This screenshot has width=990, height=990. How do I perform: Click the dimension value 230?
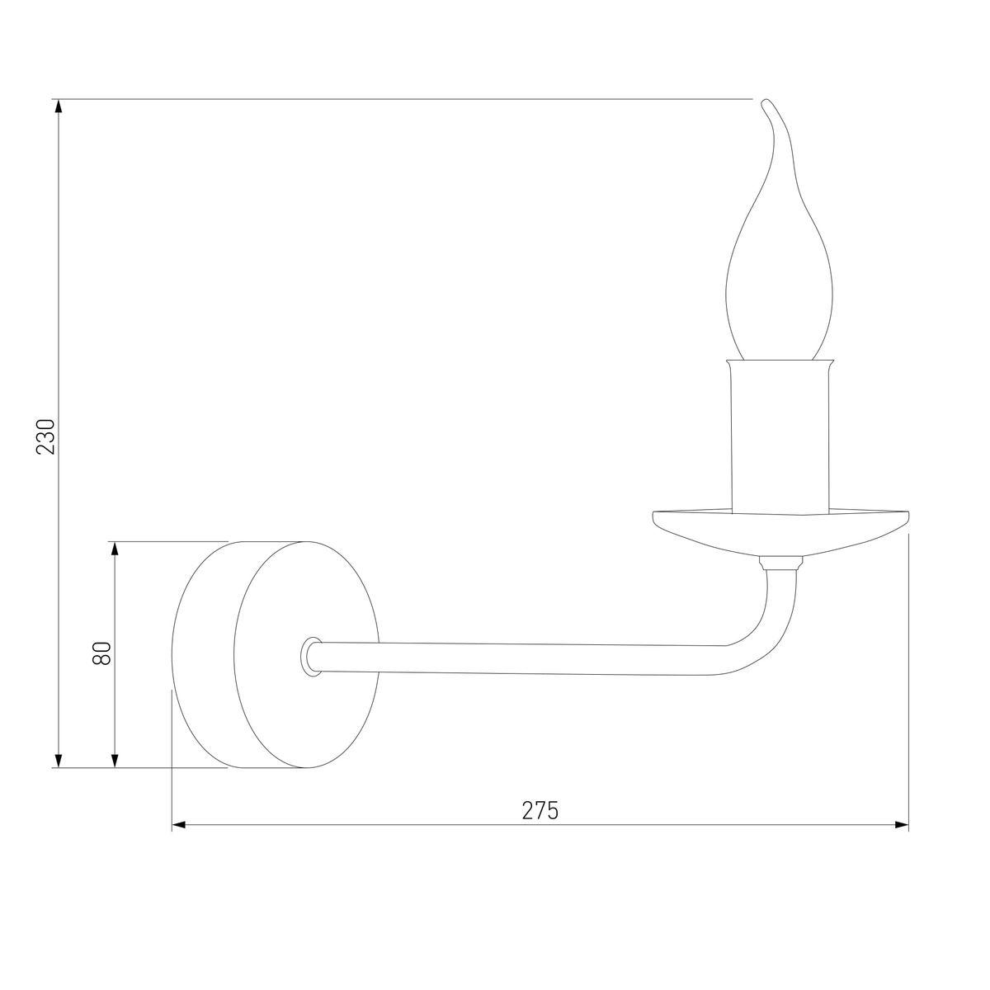pyautogui.click(x=47, y=436)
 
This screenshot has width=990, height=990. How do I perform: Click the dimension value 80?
pyautogui.click(x=102, y=654)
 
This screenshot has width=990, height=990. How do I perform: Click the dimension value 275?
pyautogui.click(x=540, y=810)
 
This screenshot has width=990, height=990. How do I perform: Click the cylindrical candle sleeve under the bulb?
pyautogui.click(x=780, y=437)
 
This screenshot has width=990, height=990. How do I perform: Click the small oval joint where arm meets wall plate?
pyautogui.click(x=312, y=657)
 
